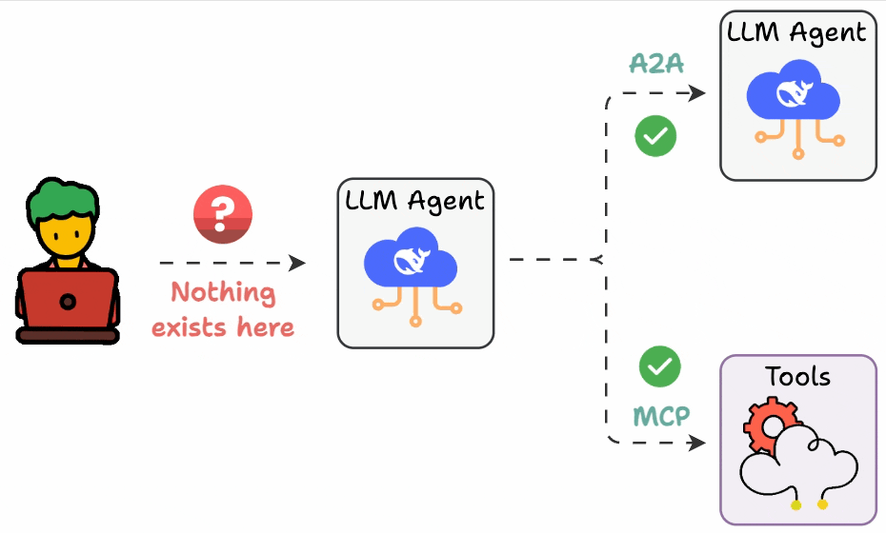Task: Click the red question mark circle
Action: point(222,215)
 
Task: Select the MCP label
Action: point(660,416)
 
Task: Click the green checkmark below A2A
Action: point(655,136)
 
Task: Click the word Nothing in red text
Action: point(223,292)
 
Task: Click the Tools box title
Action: point(797,377)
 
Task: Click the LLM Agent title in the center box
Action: point(414,201)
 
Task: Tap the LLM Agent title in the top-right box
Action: point(796,31)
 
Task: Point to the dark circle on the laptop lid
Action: point(68,302)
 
